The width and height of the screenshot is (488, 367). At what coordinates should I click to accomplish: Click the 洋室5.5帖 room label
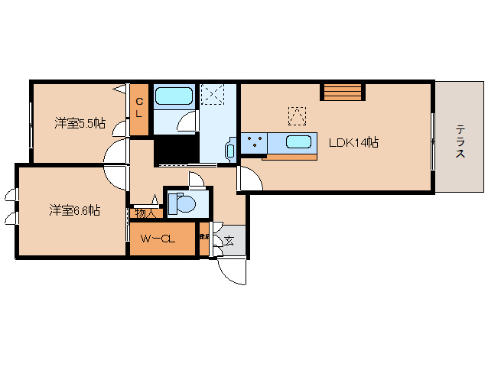pyautogui.click(x=79, y=123)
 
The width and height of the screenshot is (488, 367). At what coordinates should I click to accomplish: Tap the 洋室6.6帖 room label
pyautogui.click(x=75, y=209)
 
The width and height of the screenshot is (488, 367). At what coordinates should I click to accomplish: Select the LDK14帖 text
pyautogui.click(x=354, y=142)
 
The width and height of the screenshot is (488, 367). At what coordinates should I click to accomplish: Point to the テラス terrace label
pyautogui.click(x=460, y=141)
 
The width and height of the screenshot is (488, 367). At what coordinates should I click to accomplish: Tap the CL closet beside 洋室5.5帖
pyautogui.click(x=139, y=107)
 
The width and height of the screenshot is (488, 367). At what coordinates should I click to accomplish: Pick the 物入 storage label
pyautogui.click(x=144, y=213)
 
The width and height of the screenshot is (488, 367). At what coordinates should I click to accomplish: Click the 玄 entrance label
pyautogui.click(x=229, y=241)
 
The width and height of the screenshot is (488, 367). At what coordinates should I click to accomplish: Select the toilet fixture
pyautogui.click(x=184, y=203)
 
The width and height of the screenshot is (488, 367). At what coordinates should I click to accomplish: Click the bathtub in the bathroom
pyautogui.click(x=174, y=96)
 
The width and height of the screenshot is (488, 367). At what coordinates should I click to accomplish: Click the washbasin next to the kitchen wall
pyautogui.click(x=230, y=151)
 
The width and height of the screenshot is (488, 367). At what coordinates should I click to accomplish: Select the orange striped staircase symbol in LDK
pyautogui.click(x=340, y=92)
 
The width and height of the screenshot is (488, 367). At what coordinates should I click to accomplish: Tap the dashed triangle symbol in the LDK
pyautogui.click(x=296, y=115)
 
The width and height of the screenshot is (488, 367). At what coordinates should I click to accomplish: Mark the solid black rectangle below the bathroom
pyautogui.click(x=177, y=151)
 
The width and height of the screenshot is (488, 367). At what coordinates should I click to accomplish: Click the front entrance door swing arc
pyautogui.click(x=232, y=271)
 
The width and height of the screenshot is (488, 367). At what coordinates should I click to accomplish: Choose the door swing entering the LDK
pyautogui.click(x=249, y=178)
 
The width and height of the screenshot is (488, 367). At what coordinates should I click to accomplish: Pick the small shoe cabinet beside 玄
pyautogui.click(x=204, y=239)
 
